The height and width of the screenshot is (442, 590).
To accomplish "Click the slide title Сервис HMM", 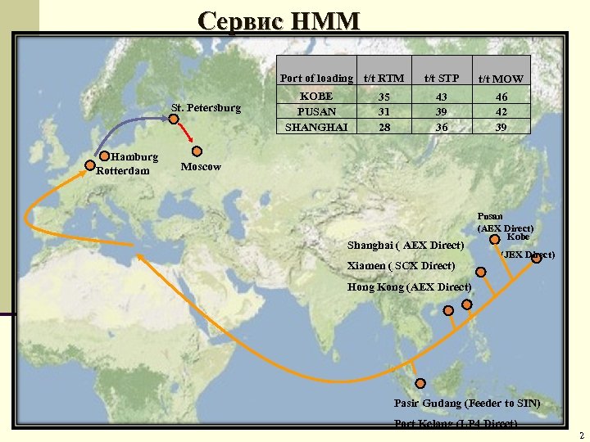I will coord(279,20).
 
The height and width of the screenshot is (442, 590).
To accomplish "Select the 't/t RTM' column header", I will coord(383,79).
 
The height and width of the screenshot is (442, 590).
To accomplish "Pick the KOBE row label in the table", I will coord(315,97).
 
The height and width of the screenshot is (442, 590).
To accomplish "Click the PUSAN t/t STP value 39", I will coord(442,112).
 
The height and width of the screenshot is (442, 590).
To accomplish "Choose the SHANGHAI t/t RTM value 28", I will coord(383,127).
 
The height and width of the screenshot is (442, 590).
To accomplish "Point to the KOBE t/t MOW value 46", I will coord(501,97).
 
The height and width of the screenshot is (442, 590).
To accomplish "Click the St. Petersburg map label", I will coord(206,108).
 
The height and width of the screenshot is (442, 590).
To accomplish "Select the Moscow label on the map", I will coord(201,167).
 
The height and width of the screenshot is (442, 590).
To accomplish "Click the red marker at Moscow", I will coord(197,151).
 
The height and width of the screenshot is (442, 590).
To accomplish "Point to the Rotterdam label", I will coord(123,171).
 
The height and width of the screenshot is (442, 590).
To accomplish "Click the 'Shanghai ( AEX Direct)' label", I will coord(406,246).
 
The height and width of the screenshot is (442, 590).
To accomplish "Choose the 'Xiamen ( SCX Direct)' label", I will coord(401,266).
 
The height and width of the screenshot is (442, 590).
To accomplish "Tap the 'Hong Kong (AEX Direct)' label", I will coord(409,287).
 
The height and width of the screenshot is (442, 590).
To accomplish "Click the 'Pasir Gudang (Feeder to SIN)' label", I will coord(466,404).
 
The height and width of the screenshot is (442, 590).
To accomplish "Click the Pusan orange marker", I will coord(496,240).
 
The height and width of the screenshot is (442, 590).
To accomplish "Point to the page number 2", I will coord(581,435).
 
